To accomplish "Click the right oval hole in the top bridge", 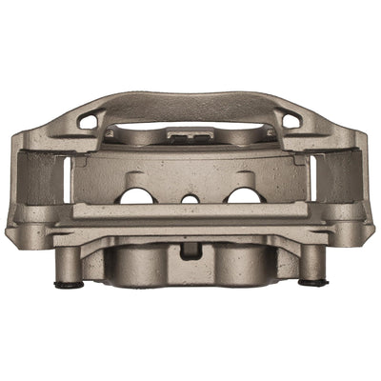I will pyautogui.click(x=291, y=120).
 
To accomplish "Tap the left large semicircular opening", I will pyautogui.click(x=136, y=196).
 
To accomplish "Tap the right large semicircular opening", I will pyautogui.click(x=245, y=196).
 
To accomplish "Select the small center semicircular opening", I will pyautogui.click(x=190, y=199).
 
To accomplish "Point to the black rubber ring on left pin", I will pyautogui.click(x=67, y=283).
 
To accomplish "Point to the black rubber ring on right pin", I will pyautogui.click(x=312, y=282).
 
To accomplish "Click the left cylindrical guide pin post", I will pyautogui.click(x=67, y=264).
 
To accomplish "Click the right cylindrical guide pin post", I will pyautogui.click(x=312, y=264).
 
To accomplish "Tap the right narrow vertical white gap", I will pyautogui.click(x=311, y=179).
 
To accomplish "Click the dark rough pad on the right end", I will pyautogui.click(x=339, y=176).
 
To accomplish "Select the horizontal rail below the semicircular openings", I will pyautogui.click(x=190, y=211).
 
